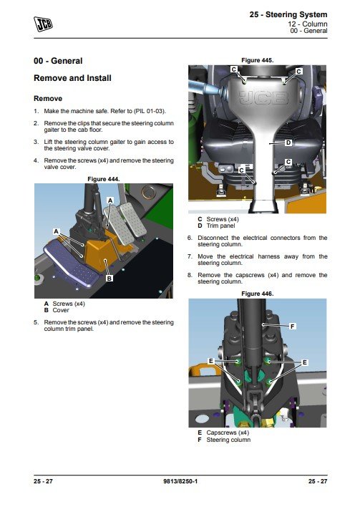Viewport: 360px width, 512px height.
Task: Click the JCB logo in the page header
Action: tap(43, 24)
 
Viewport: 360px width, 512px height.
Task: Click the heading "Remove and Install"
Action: tap(72, 78)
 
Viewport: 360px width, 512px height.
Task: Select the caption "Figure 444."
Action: tap(104, 179)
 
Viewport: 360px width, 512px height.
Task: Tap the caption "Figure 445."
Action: tap(257, 60)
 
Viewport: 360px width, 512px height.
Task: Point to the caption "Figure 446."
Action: tap(257, 294)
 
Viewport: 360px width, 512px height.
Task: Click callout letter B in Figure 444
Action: tap(110, 279)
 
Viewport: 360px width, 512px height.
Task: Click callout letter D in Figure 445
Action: tap(288, 143)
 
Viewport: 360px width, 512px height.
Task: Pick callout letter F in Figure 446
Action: tap(293, 327)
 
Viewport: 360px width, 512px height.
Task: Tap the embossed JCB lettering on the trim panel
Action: tap(263, 97)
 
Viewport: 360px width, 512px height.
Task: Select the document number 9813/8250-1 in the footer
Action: tap(180, 481)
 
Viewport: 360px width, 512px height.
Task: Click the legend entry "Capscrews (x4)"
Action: tap(228, 433)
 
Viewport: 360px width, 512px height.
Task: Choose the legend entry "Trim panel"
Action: tap(220, 226)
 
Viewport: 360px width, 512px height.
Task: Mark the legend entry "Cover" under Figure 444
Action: tap(61, 310)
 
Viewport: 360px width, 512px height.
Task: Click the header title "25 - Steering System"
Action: tap(288, 15)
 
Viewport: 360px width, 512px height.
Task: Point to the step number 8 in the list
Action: tap(189, 275)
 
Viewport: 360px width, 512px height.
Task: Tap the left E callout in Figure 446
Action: tap(211, 361)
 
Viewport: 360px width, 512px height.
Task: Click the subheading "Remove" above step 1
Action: tap(48, 99)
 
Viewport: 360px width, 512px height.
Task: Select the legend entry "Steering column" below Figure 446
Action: tap(228, 440)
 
